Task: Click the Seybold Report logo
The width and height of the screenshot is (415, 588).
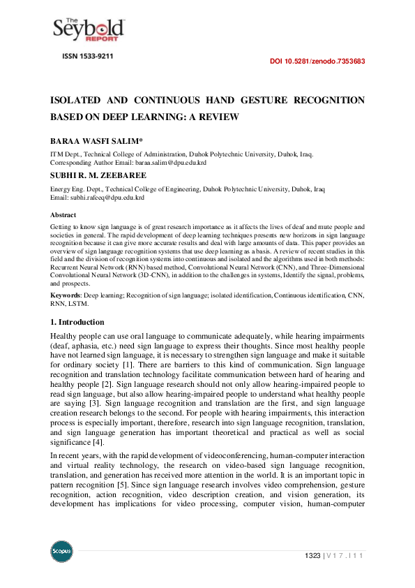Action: (x=89, y=29)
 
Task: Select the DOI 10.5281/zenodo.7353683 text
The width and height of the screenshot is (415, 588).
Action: (x=317, y=61)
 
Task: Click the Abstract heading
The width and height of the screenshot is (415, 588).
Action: (x=63, y=215)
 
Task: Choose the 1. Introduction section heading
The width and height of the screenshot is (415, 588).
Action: (x=77, y=322)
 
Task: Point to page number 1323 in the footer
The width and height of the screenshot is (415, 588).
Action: (x=312, y=555)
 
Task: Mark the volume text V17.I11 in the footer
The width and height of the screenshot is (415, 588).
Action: (x=346, y=555)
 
